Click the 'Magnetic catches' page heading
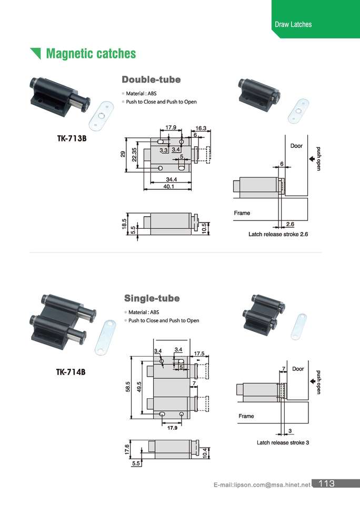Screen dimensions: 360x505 [x=91, y=54]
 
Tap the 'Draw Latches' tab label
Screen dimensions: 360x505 [x=293, y=24]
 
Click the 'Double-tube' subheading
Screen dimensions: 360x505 [x=151, y=79]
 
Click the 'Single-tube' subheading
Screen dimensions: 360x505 [x=152, y=298]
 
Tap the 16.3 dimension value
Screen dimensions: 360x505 [x=201, y=128]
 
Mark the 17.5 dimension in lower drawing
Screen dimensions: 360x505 [x=199, y=353]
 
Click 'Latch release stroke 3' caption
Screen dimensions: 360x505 [x=283, y=442]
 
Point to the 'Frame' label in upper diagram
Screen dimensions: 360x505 [x=242, y=213]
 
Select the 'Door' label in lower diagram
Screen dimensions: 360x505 [x=298, y=369]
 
